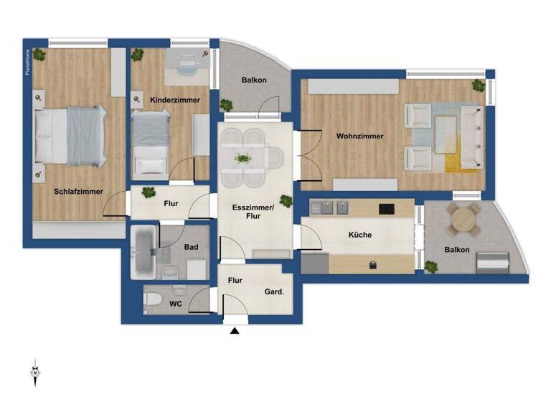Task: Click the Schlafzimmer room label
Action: (x=78, y=192)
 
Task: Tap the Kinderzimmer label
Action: (x=175, y=100)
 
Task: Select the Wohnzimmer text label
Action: (x=359, y=136)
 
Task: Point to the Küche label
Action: (x=360, y=235)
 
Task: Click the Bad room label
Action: (x=191, y=247)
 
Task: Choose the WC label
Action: (x=175, y=304)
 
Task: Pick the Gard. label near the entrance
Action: (x=273, y=291)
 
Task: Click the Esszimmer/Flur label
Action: (x=253, y=212)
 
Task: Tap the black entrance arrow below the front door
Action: (x=235, y=331)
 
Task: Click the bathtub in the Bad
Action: (x=143, y=253)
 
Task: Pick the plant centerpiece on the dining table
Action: (x=243, y=158)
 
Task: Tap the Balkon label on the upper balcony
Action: (x=254, y=80)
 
